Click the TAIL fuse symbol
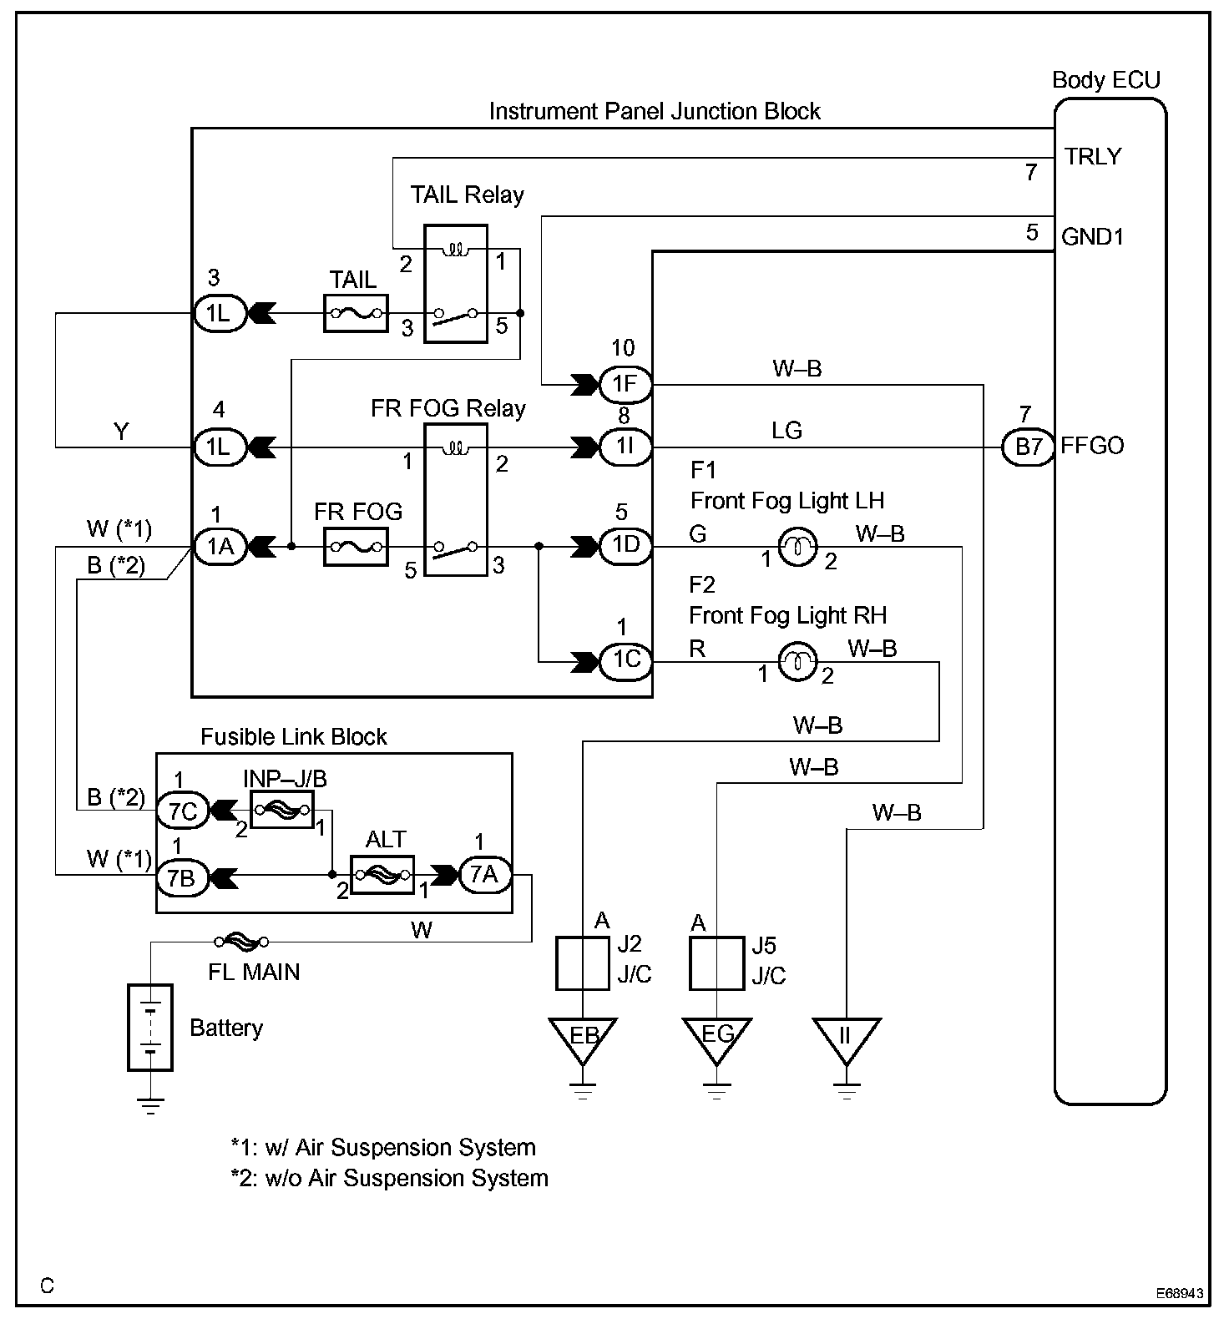(x=356, y=314)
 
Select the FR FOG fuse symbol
(x=356, y=547)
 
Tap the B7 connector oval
(x=1028, y=447)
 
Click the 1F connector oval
(x=625, y=384)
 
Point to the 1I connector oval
(x=625, y=447)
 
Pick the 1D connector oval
(x=625, y=546)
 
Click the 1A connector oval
(x=220, y=547)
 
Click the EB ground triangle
(x=583, y=1038)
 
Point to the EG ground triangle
(x=716, y=1038)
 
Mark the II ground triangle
(x=846, y=1038)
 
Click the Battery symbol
(x=150, y=1028)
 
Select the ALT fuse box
(x=382, y=875)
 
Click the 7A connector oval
(x=483, y=875)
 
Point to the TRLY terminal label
(x=1093, y=157)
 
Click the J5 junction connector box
(x=716, y=963)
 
